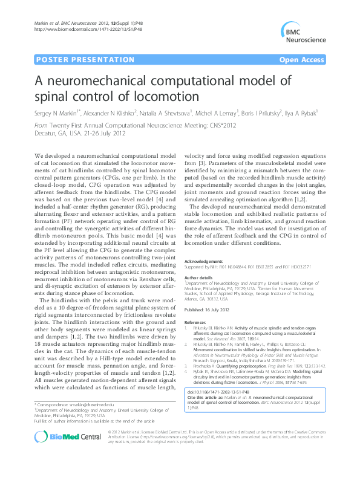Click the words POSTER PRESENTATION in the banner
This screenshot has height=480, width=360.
pos(85,60)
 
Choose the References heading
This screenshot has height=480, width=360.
pos(197,306)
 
